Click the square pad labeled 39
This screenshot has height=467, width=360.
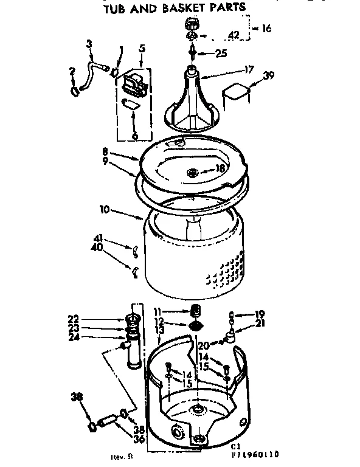(235, 93)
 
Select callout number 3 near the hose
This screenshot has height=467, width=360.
(90, 43)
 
